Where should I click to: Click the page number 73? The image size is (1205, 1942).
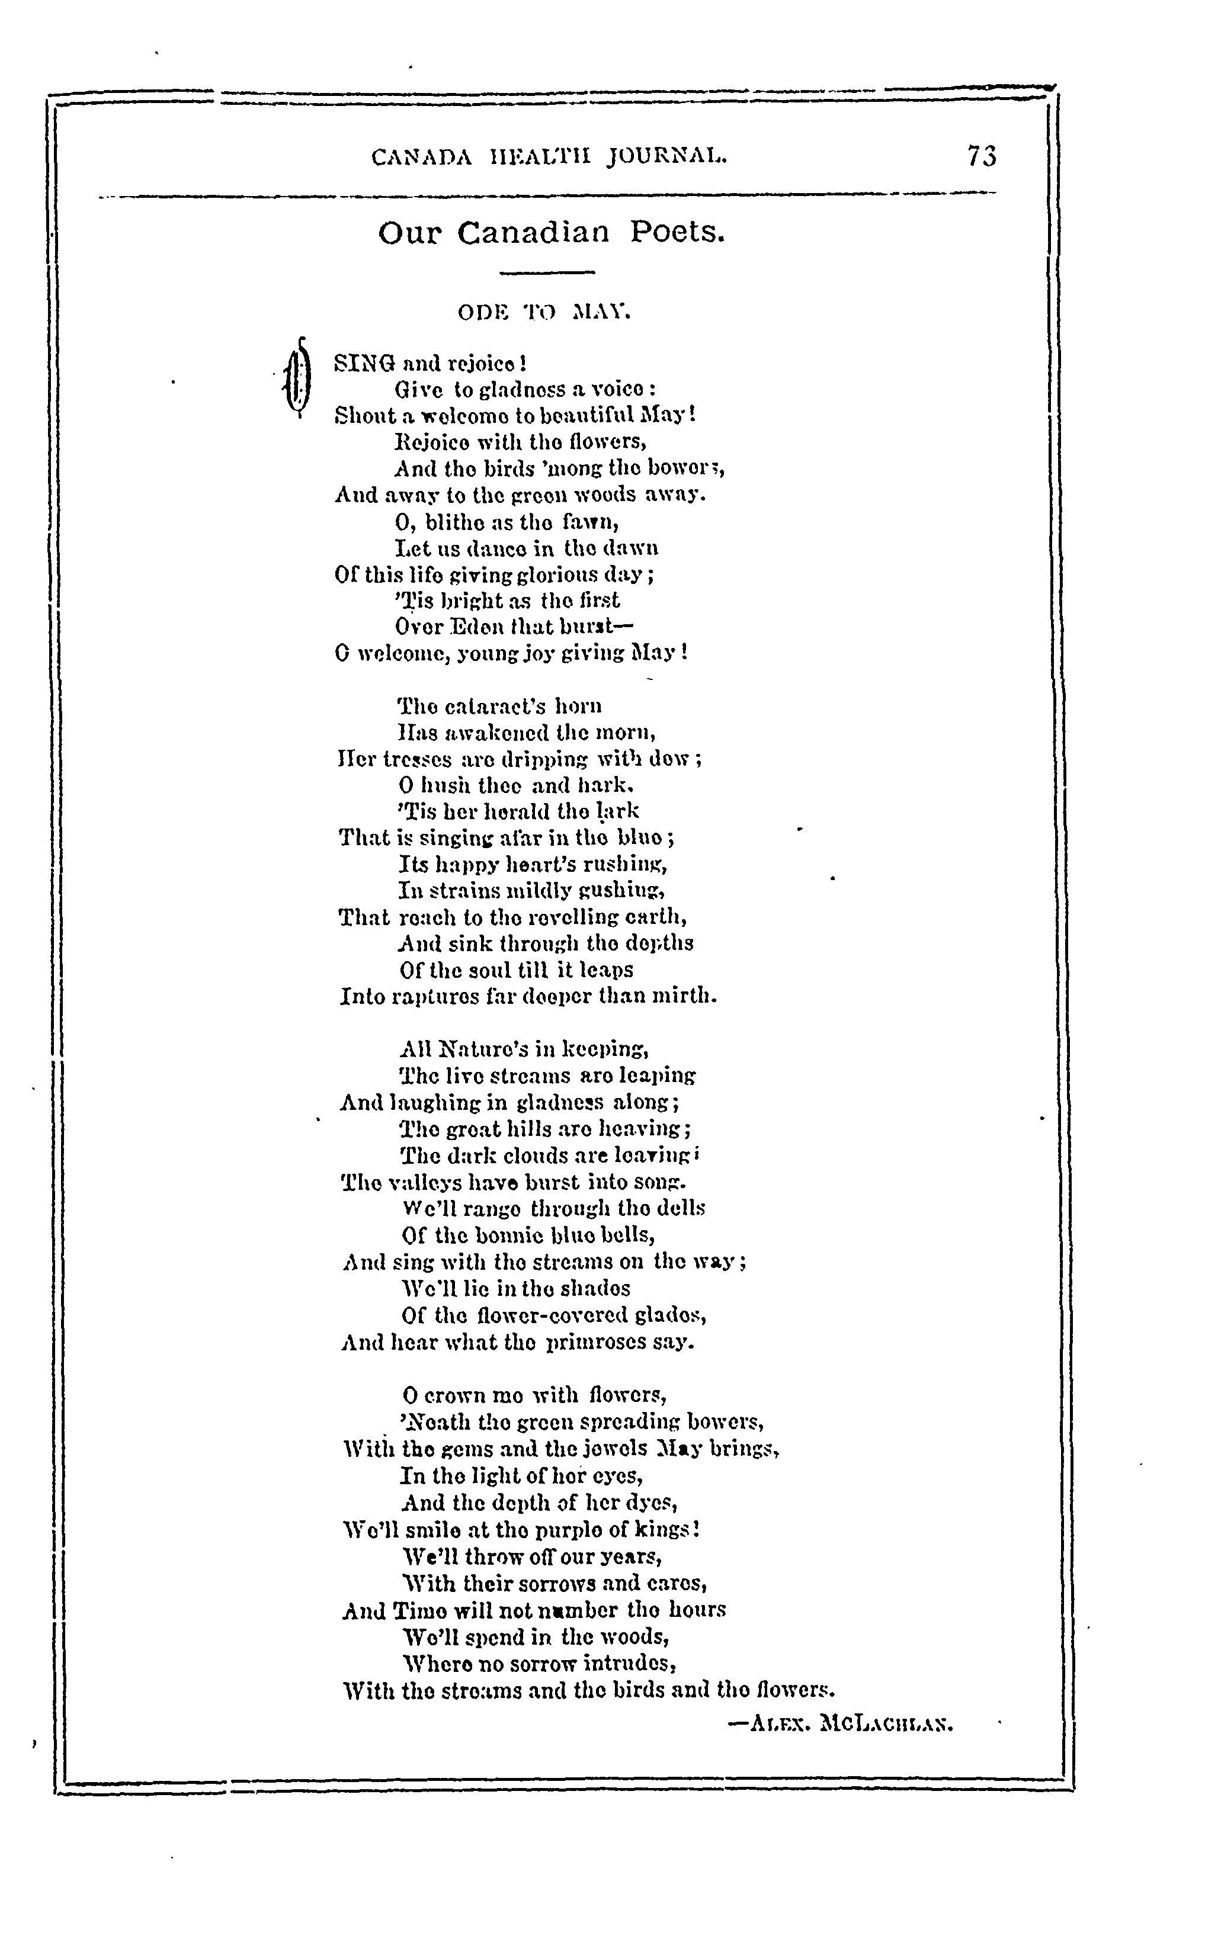[982, 155]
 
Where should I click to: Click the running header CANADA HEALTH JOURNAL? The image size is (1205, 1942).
[550, 157]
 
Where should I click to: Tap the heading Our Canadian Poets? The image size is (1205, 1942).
[552, 233]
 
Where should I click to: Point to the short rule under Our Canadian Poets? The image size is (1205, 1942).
[547, 273]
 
